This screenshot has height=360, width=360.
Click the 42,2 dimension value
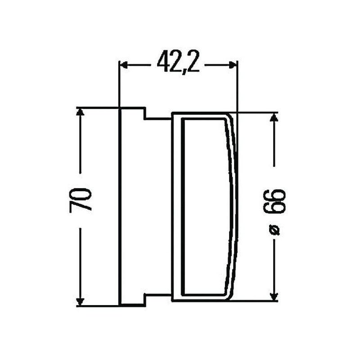click(x=178, y=62)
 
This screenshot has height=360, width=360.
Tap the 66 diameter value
click(x=274, y=202)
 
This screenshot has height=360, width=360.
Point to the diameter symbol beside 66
click(x=275, y=230)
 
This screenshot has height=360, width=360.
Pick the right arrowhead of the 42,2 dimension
click(x=232, y=65)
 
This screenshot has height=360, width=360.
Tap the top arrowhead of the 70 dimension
click(x=80, y=112)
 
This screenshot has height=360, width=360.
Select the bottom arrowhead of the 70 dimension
click(x=80, y=301)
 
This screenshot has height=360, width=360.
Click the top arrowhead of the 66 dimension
click(x=274, y=117)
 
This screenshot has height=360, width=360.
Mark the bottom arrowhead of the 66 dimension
click(x=274, y=297)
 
